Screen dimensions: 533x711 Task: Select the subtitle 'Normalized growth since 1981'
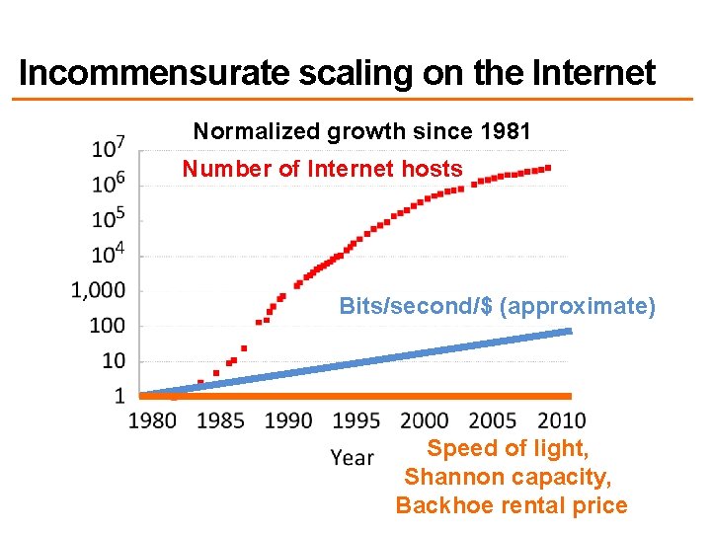(x=361, y=131)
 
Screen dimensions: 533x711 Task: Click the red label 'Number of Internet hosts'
(x=322, y=169)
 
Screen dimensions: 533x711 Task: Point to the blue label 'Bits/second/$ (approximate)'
(x=497, y=306)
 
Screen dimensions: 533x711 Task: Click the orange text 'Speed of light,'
(x=508, y=449)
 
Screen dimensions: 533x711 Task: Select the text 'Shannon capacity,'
(x=508, y=478)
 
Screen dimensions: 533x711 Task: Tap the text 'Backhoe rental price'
(x=511, y=506)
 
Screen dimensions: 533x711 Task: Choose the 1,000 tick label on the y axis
(x=101, y=290)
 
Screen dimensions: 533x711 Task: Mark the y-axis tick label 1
(x=119, y=396)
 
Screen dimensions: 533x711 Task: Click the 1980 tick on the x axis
(x=153, y=420)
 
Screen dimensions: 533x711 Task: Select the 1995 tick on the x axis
(x=355, y=420)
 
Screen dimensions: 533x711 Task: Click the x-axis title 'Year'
(x=352, y=457)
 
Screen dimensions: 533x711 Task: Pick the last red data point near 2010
(x=548, y=168)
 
